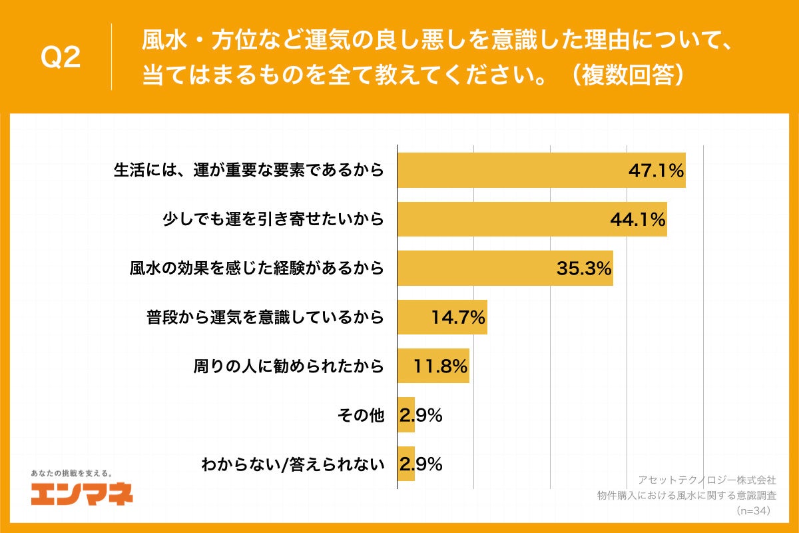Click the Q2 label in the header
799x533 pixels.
pyautogui.click(x=61, y=59)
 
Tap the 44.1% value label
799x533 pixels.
pyautogui.click(x=638, y=219)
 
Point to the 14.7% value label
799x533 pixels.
pyautogui.click(x=457, y=317)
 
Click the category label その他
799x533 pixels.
pyautogui.click(x=361, y=415)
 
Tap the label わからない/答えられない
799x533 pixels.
pyautogui.click(x=293, y=464)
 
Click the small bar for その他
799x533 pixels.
pyautogui.click(x=405, y=415)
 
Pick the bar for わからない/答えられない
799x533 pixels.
pyautogui.click(x=405, y=464)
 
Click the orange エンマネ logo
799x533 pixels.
pyautogui.click(x=82, y=494)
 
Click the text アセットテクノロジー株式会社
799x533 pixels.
pyautogui.click(x=706, y=480)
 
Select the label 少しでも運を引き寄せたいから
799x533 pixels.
pyautogui.click(x=274, y=219)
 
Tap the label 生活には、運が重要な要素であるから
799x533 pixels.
pyautogui.click(x=248, y=170)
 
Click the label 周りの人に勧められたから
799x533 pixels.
pyautogui.click(x=288, y=366)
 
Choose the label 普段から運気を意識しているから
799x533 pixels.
pyautogui.click(x=265, y=317)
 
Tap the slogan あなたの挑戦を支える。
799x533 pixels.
pyautogui.click(x=71, y=473)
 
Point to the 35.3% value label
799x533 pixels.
pyautogui.click(x=583, y=268)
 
